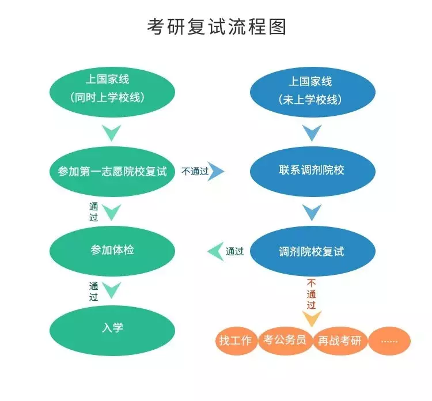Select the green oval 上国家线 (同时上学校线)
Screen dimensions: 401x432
click(x=112, y=89)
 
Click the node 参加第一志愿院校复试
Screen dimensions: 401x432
click(x=112, y=172)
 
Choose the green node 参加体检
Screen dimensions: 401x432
click(x=112, y=250)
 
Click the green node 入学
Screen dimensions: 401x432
click(x=112, y=328)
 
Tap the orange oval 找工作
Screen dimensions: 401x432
click(x=236, y=341)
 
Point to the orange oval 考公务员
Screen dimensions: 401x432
click(x=285, y=340)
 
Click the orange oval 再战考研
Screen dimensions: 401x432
click(x=340, y=341)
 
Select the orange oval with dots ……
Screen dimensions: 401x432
click(x=389, y=341)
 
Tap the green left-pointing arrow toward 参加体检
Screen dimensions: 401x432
click(x=215, y=251)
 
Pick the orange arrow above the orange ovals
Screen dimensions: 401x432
click(x=312, y=318)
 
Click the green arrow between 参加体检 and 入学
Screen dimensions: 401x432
click(x=111, y=290)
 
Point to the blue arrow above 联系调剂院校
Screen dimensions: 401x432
click(x=312, y=134)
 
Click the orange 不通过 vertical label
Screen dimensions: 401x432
click(x=312, y=294)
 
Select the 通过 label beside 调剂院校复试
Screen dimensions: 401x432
click(x=234, y=251)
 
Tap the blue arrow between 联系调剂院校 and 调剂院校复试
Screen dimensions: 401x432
click(x=312, y=213)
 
